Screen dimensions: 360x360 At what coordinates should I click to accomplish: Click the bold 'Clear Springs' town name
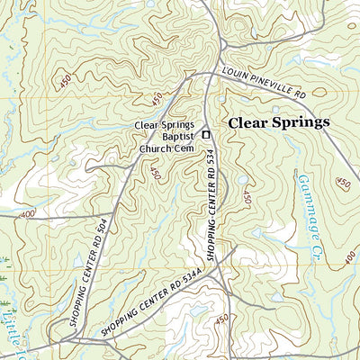click(x=278, y=121)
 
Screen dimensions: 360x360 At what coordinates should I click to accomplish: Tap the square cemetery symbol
click(x=206, y=135)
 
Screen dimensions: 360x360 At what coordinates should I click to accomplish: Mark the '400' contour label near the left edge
click(x=26, y=214)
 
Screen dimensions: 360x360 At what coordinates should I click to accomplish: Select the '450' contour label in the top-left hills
click(x=64, y=81)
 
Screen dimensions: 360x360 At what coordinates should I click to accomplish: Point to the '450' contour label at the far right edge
click(x=342, y=184)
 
